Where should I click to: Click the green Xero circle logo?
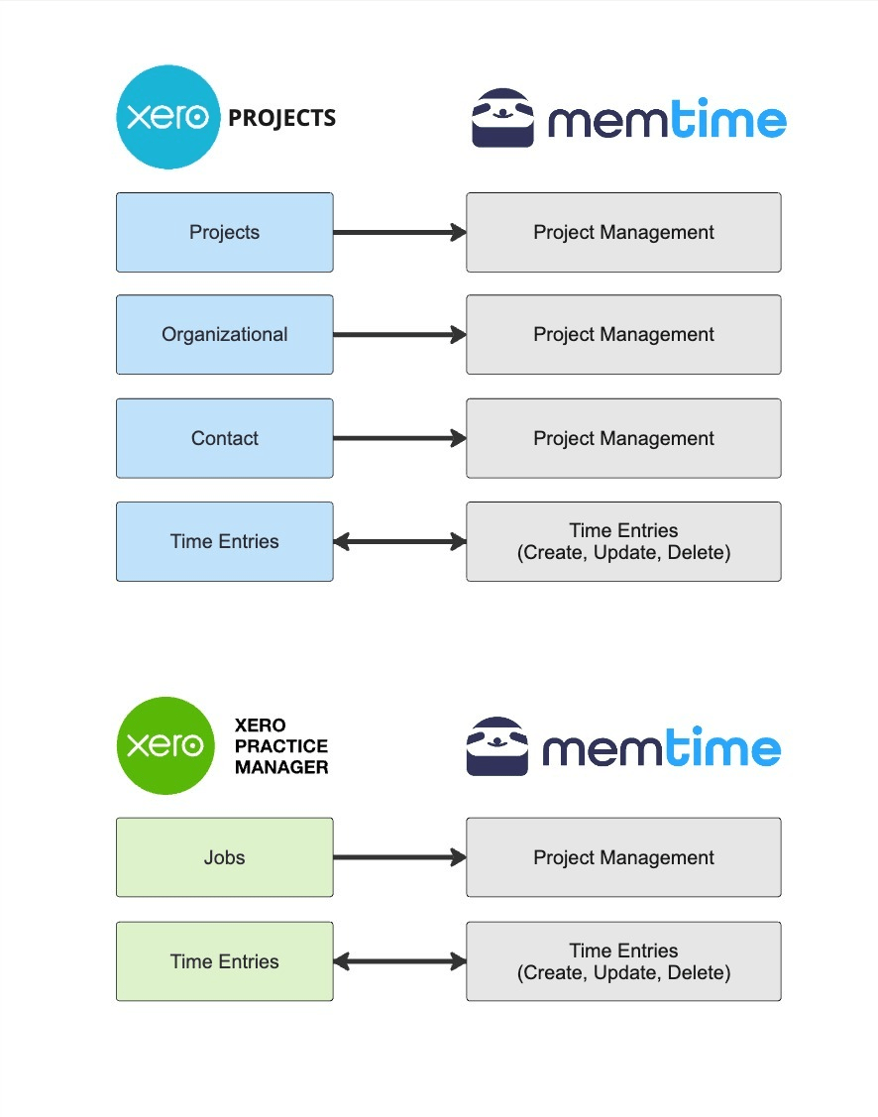tap(165, 745)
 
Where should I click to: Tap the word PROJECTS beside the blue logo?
tap(282, 119)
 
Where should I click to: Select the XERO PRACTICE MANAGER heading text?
tap(281, 746)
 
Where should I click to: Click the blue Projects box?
tap(225, 233)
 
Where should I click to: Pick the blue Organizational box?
tap(225, 335)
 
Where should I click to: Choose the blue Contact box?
tap(225, 438)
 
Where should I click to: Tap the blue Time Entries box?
tap(225, 541)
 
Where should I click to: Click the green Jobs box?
tap(225, 857)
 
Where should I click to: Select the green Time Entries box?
tap(225, 961)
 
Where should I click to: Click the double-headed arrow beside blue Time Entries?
tap(399, 541)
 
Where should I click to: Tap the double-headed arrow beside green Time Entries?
tap(399, 961)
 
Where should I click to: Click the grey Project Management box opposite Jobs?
tap(623, 857)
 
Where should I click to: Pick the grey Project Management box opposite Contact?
tap(623, 438)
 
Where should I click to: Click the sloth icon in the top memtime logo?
tap(503, 119)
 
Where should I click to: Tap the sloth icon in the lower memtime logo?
tap(498, 746)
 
